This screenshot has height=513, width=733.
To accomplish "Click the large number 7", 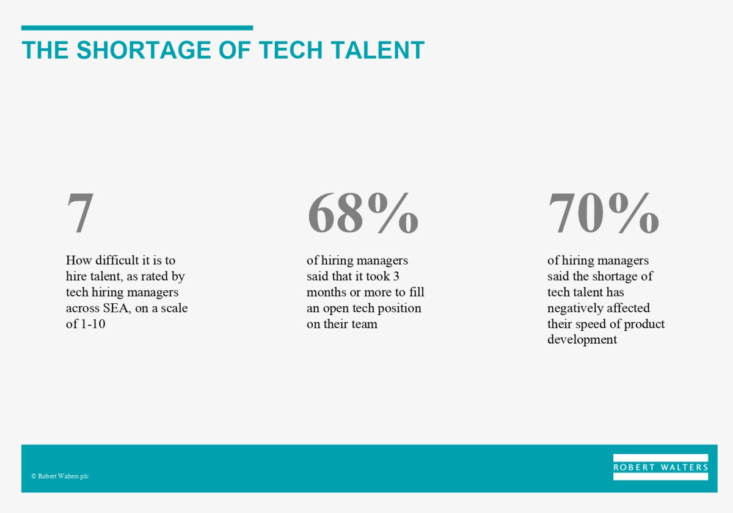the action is point(80,213).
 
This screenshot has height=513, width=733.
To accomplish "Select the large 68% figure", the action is point(363,213).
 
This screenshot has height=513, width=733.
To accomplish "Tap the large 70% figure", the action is point(604,213).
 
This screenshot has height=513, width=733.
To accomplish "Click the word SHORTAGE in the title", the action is point(144,50).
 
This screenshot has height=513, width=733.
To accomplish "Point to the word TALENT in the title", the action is point(377,50).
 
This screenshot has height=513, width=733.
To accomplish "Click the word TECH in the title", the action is point(291,50).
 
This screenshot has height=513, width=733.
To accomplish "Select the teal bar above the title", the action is point(137,28).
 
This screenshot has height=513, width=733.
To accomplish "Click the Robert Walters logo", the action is point(660,467).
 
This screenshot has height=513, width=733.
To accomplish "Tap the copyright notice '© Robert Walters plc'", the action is point(60,476).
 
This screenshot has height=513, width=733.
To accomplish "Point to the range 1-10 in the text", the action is point(93,324).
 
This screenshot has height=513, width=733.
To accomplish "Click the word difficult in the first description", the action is point(117,260).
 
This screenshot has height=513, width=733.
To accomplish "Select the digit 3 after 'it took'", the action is point(396,276).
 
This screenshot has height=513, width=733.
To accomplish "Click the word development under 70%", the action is point(582,340).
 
